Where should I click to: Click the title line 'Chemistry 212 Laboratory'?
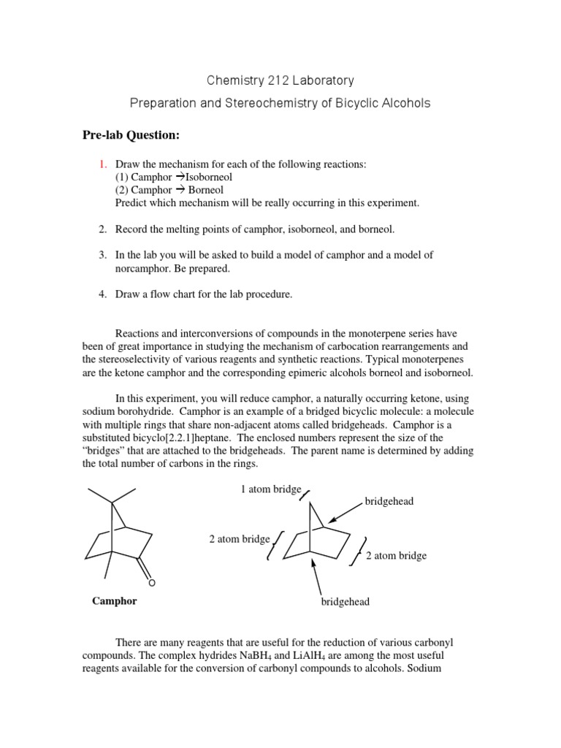pos(280,79)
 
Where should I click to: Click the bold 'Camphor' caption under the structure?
pos(114,601)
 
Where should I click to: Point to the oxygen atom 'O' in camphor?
pos(152,582)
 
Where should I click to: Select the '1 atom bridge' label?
pos(271,489)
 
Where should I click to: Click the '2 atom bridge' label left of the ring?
pos(240,539)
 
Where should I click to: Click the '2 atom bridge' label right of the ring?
pos(396,556)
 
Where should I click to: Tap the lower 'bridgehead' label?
pos(346,602)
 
